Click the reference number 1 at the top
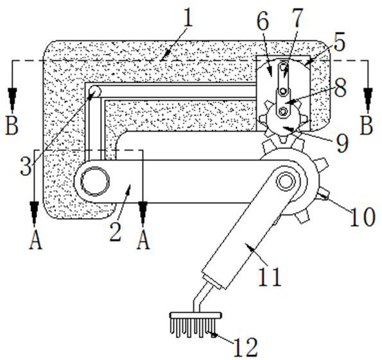[188, 17]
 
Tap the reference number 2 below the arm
[116, 232]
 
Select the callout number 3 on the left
[26, 166]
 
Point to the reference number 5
[340, 42]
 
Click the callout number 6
[263, 21]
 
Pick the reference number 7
[297, 17]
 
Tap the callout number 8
[340, 88]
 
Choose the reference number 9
[342, 142]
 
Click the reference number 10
[362, 216]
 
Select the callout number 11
[270, 277]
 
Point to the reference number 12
[246, 347]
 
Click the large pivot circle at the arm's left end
[95, 181]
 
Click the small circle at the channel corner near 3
[94, 91]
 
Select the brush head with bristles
[196, 325]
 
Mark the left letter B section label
[12, 126]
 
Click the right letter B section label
[367, 126]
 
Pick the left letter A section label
[35, 240]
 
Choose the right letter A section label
[143, 240]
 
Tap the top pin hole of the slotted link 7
[283, 66]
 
